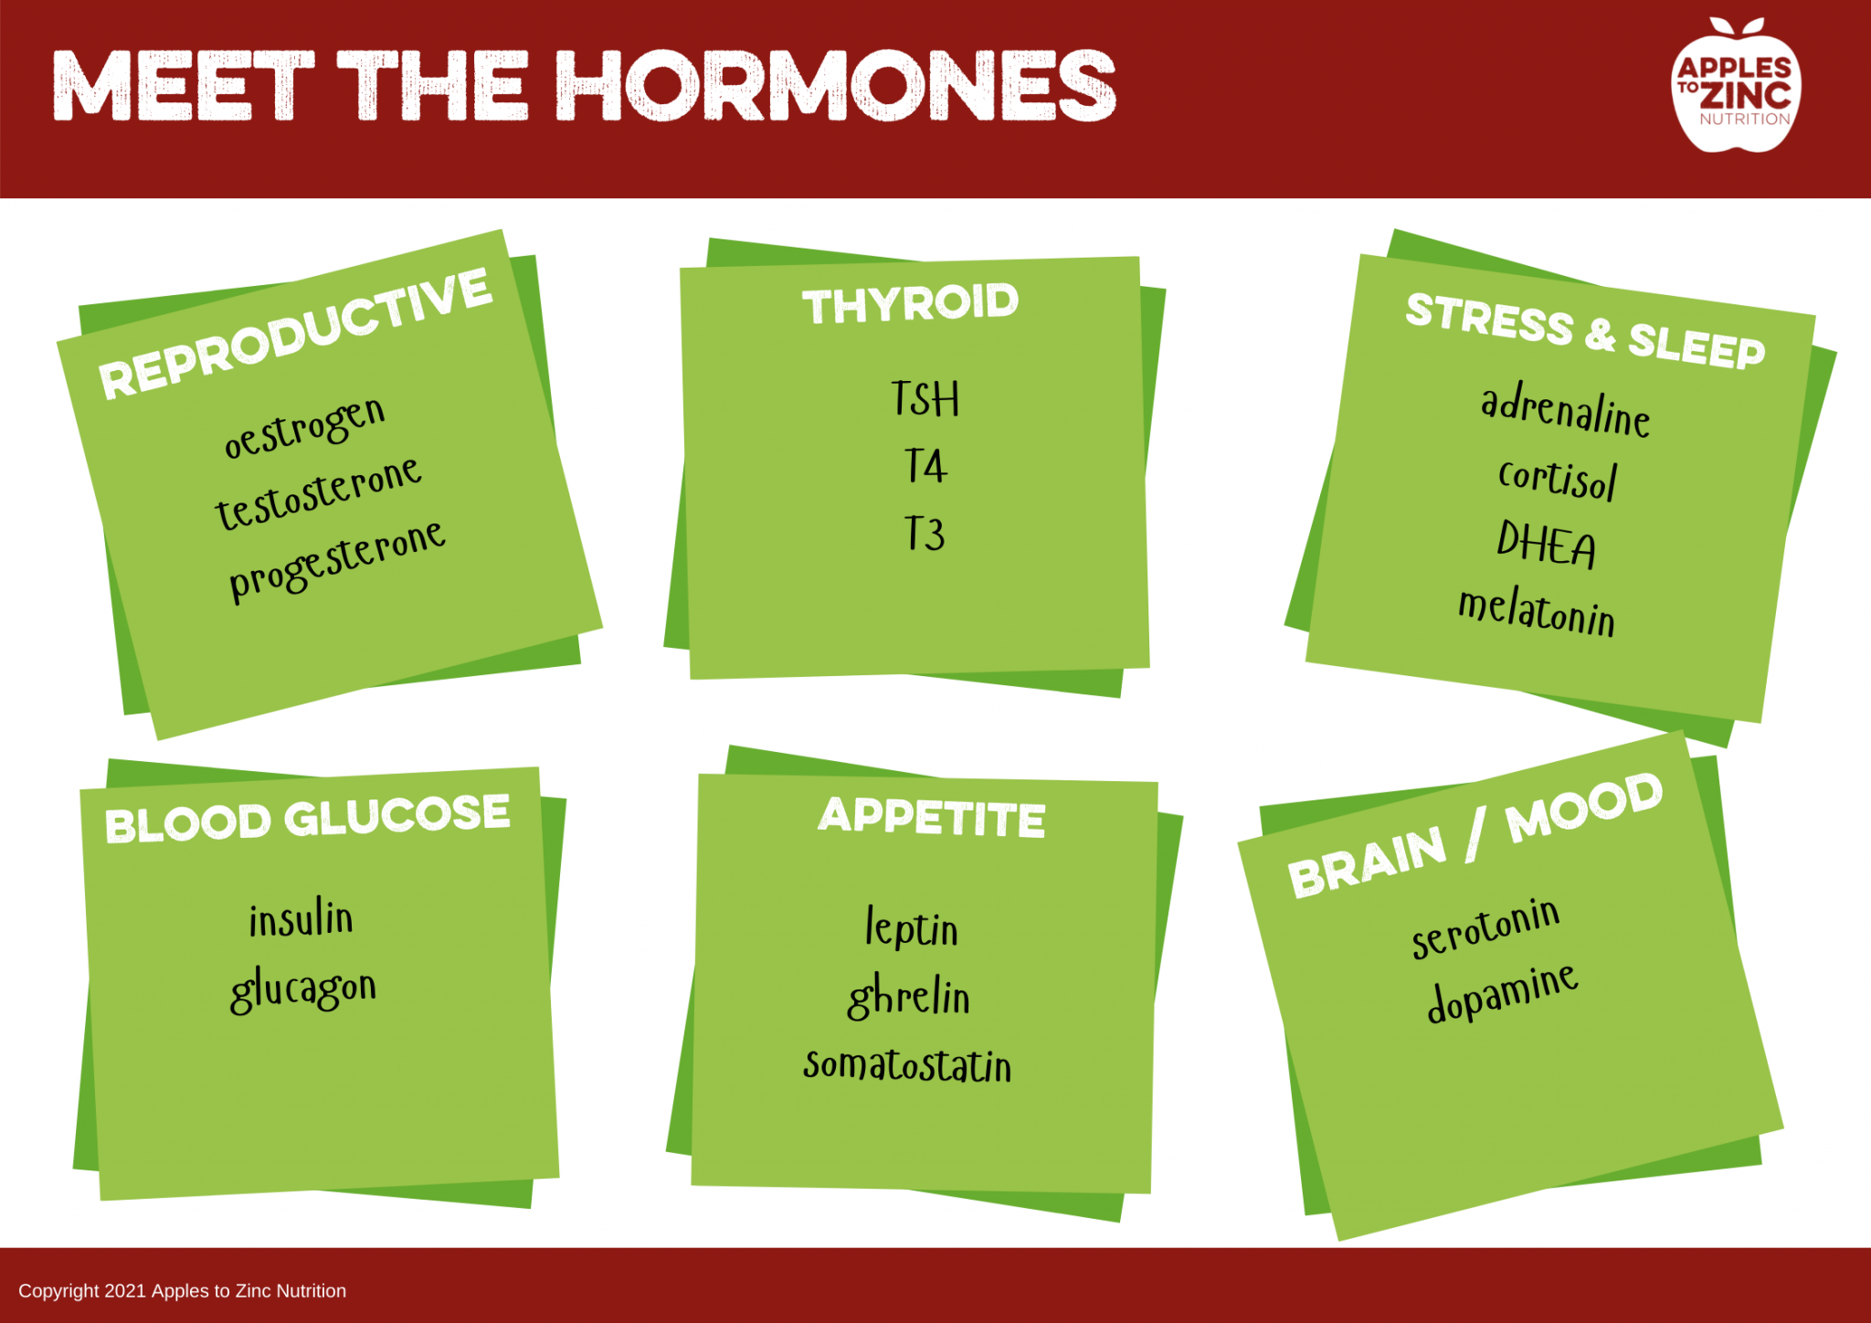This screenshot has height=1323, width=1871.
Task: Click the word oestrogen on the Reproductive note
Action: click(x=305, y=427)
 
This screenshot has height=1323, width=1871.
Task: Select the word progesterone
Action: click(x=336, y=559)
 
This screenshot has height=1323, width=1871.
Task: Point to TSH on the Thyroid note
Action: click(x=925, y=399)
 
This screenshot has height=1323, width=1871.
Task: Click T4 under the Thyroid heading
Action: click(x=925, y=466)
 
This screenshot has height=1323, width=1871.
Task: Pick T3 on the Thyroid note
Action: click(x=925, y=534)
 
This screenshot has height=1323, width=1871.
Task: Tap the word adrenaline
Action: click(x=1565, y=411)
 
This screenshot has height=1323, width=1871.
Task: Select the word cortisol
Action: click(x=1558, y=478)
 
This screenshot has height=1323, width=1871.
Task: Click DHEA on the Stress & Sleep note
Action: click(x=1546, y=544)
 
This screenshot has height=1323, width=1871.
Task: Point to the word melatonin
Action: click(x=1537, y=611)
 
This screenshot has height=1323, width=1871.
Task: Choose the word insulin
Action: click(x=301, y=919)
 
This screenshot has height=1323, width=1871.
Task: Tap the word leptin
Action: click(x=912, y=928)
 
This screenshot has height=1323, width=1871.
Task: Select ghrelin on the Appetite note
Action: click(x=909, y=997)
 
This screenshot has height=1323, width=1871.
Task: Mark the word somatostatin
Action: click(x=907, y=1065)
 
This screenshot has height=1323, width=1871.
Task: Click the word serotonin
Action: click(x=1485, y=928)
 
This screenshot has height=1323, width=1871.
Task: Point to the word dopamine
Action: click(x=1503, y=992)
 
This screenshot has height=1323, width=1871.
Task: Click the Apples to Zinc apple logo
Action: click(x=1735, y=87)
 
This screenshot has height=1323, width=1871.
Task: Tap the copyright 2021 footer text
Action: click(x=183, y=1291)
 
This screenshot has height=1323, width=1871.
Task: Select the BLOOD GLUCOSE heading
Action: click(x=307, y=819)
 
